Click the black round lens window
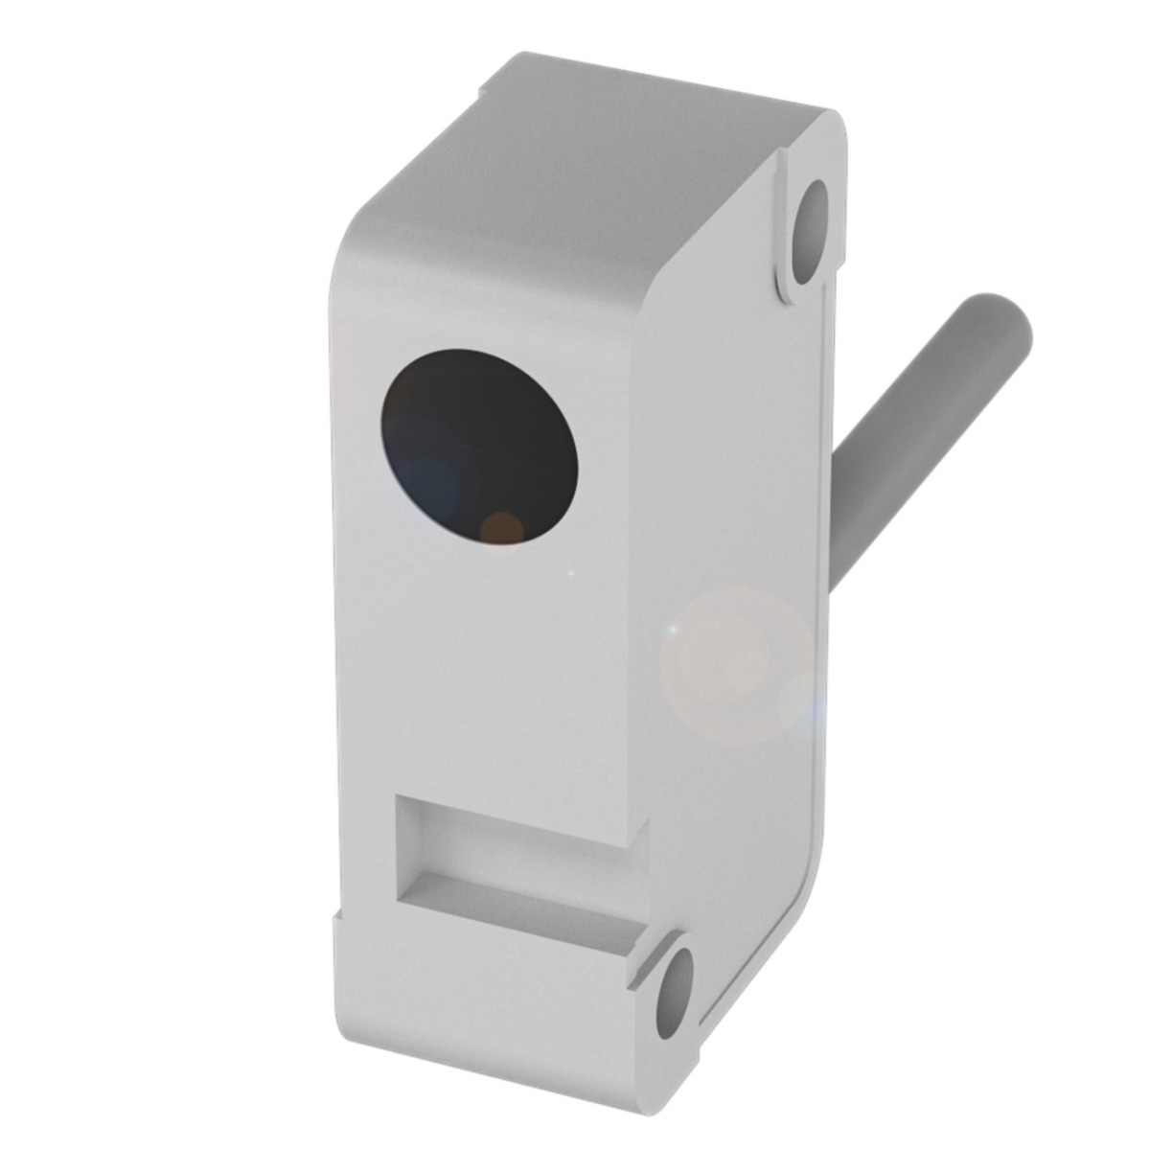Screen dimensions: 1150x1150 coord(479,447)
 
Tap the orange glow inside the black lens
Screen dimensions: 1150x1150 coord(501,527)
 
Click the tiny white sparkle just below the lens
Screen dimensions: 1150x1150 coord(572,573)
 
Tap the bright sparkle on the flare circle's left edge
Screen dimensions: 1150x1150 coord(674,629)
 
